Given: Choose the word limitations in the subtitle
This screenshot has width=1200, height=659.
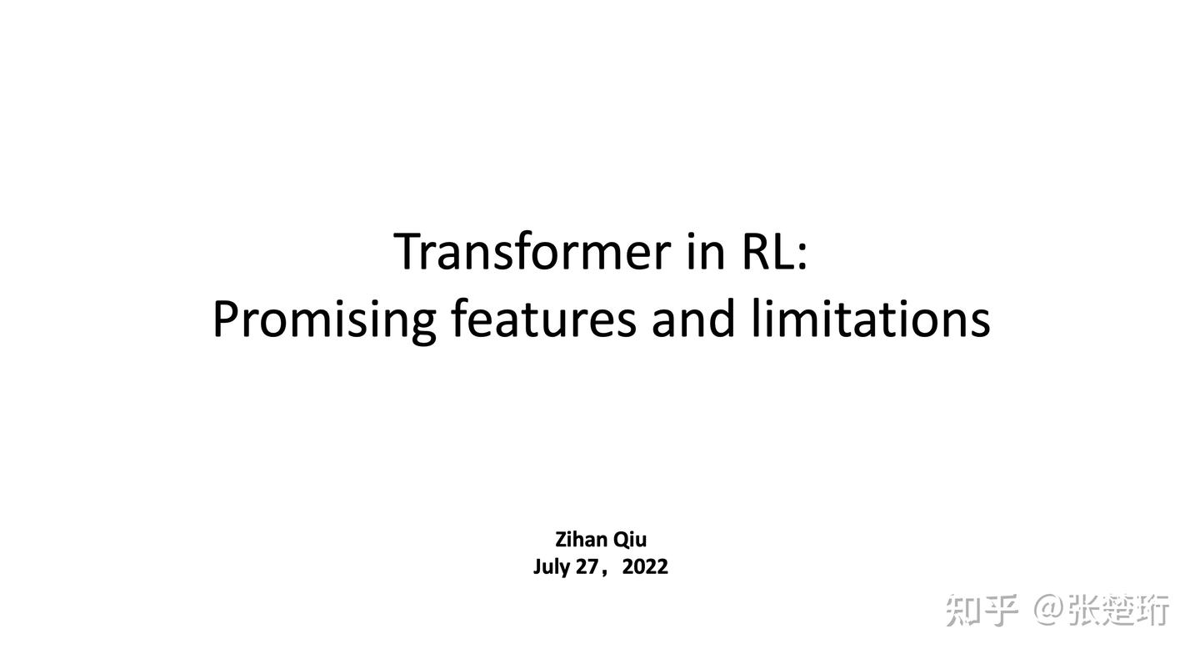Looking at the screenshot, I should click(870, 319).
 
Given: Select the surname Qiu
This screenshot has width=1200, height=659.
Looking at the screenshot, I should click(630, 540).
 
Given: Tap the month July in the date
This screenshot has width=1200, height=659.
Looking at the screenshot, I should click(552, 567).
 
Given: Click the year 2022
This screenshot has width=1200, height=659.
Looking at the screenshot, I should click(645, 567).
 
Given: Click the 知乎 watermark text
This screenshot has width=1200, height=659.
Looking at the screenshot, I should click(982, 610).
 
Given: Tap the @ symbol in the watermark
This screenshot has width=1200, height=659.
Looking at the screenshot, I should click(1048, 610).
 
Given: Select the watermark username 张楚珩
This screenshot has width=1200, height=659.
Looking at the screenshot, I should click(1119, 610).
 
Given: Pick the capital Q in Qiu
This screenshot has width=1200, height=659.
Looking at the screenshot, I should click(621, 540).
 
